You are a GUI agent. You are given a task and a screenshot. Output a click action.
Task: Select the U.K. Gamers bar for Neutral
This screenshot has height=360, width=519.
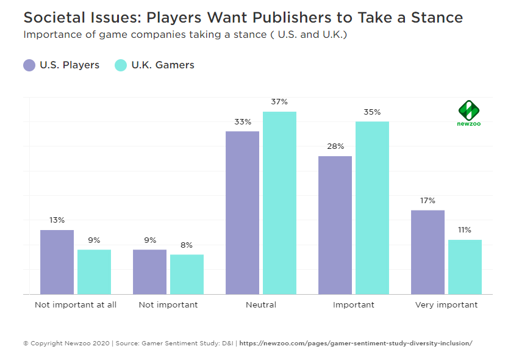279,203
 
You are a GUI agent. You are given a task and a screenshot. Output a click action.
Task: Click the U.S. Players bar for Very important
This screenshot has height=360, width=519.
428,252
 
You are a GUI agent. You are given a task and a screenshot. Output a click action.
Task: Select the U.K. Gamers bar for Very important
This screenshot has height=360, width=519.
465,267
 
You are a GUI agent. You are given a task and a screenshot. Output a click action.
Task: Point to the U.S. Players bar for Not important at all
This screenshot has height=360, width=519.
57,262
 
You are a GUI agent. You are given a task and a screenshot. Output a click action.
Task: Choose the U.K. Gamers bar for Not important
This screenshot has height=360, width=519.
187,274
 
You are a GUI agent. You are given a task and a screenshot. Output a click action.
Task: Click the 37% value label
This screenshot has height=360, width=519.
279,102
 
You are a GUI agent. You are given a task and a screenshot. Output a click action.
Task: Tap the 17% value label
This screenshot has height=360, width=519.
428,201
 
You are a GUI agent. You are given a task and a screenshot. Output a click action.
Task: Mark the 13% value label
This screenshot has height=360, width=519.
57,220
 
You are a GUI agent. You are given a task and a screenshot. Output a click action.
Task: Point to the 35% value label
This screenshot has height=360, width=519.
372,112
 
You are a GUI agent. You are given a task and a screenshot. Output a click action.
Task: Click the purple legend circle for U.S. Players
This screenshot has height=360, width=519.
29,65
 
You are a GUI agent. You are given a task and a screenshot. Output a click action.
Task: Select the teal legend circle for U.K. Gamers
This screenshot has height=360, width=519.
121,65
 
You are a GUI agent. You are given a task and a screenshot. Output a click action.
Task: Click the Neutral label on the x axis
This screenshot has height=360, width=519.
261,304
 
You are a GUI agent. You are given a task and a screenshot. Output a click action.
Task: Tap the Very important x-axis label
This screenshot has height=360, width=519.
446,304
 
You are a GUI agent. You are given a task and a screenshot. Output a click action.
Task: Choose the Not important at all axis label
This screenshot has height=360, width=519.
76,304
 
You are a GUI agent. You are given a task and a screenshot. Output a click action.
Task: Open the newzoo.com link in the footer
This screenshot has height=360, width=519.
356,344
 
